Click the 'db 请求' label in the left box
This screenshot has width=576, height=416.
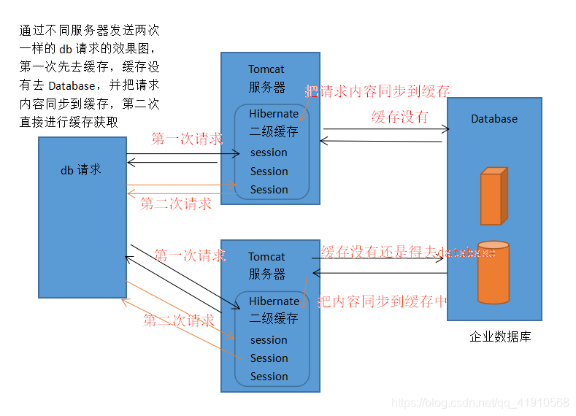[81, 169]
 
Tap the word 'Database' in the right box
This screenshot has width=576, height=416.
[494, 118]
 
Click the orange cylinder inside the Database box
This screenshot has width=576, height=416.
[493, 271]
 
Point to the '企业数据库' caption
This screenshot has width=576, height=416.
[500, 336]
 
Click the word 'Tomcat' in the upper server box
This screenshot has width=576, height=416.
[266, 69]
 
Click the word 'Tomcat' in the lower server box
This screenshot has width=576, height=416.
[266, 256]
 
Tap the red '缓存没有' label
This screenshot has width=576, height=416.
[399, 116]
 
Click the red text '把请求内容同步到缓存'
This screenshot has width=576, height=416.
[377, 91]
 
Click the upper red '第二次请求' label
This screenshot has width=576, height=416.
[176, 204]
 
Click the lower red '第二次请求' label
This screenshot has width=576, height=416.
[179, 320]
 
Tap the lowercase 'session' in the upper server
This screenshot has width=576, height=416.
[269, 153]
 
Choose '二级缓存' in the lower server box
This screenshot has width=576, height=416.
[274, 318]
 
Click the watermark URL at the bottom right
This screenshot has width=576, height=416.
[480, 403]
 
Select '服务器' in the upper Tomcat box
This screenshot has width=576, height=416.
[266, 87]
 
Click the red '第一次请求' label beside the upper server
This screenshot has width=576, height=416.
[187, 139]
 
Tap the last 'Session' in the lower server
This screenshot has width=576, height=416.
[269, 377]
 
